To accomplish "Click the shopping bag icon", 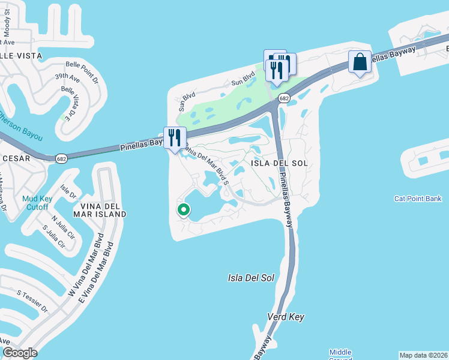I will [x=360, y=62].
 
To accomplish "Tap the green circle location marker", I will [x=183, y=210].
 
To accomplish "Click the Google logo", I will [x=20, y=353].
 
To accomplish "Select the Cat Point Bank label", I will [x=418, y=199].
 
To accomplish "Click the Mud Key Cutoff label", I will [x=37, y=203].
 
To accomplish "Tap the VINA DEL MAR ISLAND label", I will [x=100, y=209].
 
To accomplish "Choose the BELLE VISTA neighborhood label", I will [x=21, y=55].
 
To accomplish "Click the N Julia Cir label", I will [x=62, y=223].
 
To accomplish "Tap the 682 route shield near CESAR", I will [x=61, y=158].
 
